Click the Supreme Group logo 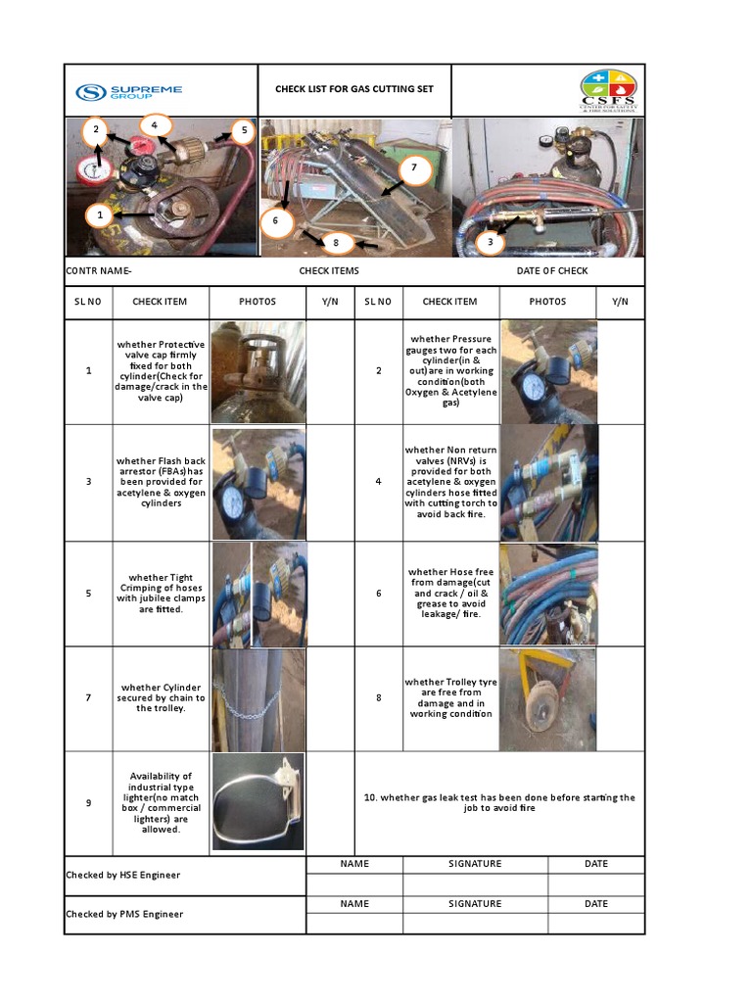coord(129,92)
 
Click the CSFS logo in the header coord(607,91)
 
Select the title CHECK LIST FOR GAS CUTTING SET coord(353,89)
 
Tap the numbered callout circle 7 coord(414,168)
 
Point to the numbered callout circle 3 coord(489,241)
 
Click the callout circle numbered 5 coord(242,130)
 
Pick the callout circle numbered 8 coord(336,242)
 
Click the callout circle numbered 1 coord(97,215)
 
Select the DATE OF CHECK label coord(552,270)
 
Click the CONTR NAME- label coord(98,270)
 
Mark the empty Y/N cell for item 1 coord(329,371)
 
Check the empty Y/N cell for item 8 coord(621,698)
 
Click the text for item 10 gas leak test coord(499,802)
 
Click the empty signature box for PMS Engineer coord(474,923)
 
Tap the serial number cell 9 coord(88,802)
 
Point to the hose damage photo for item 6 coord(548,594)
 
